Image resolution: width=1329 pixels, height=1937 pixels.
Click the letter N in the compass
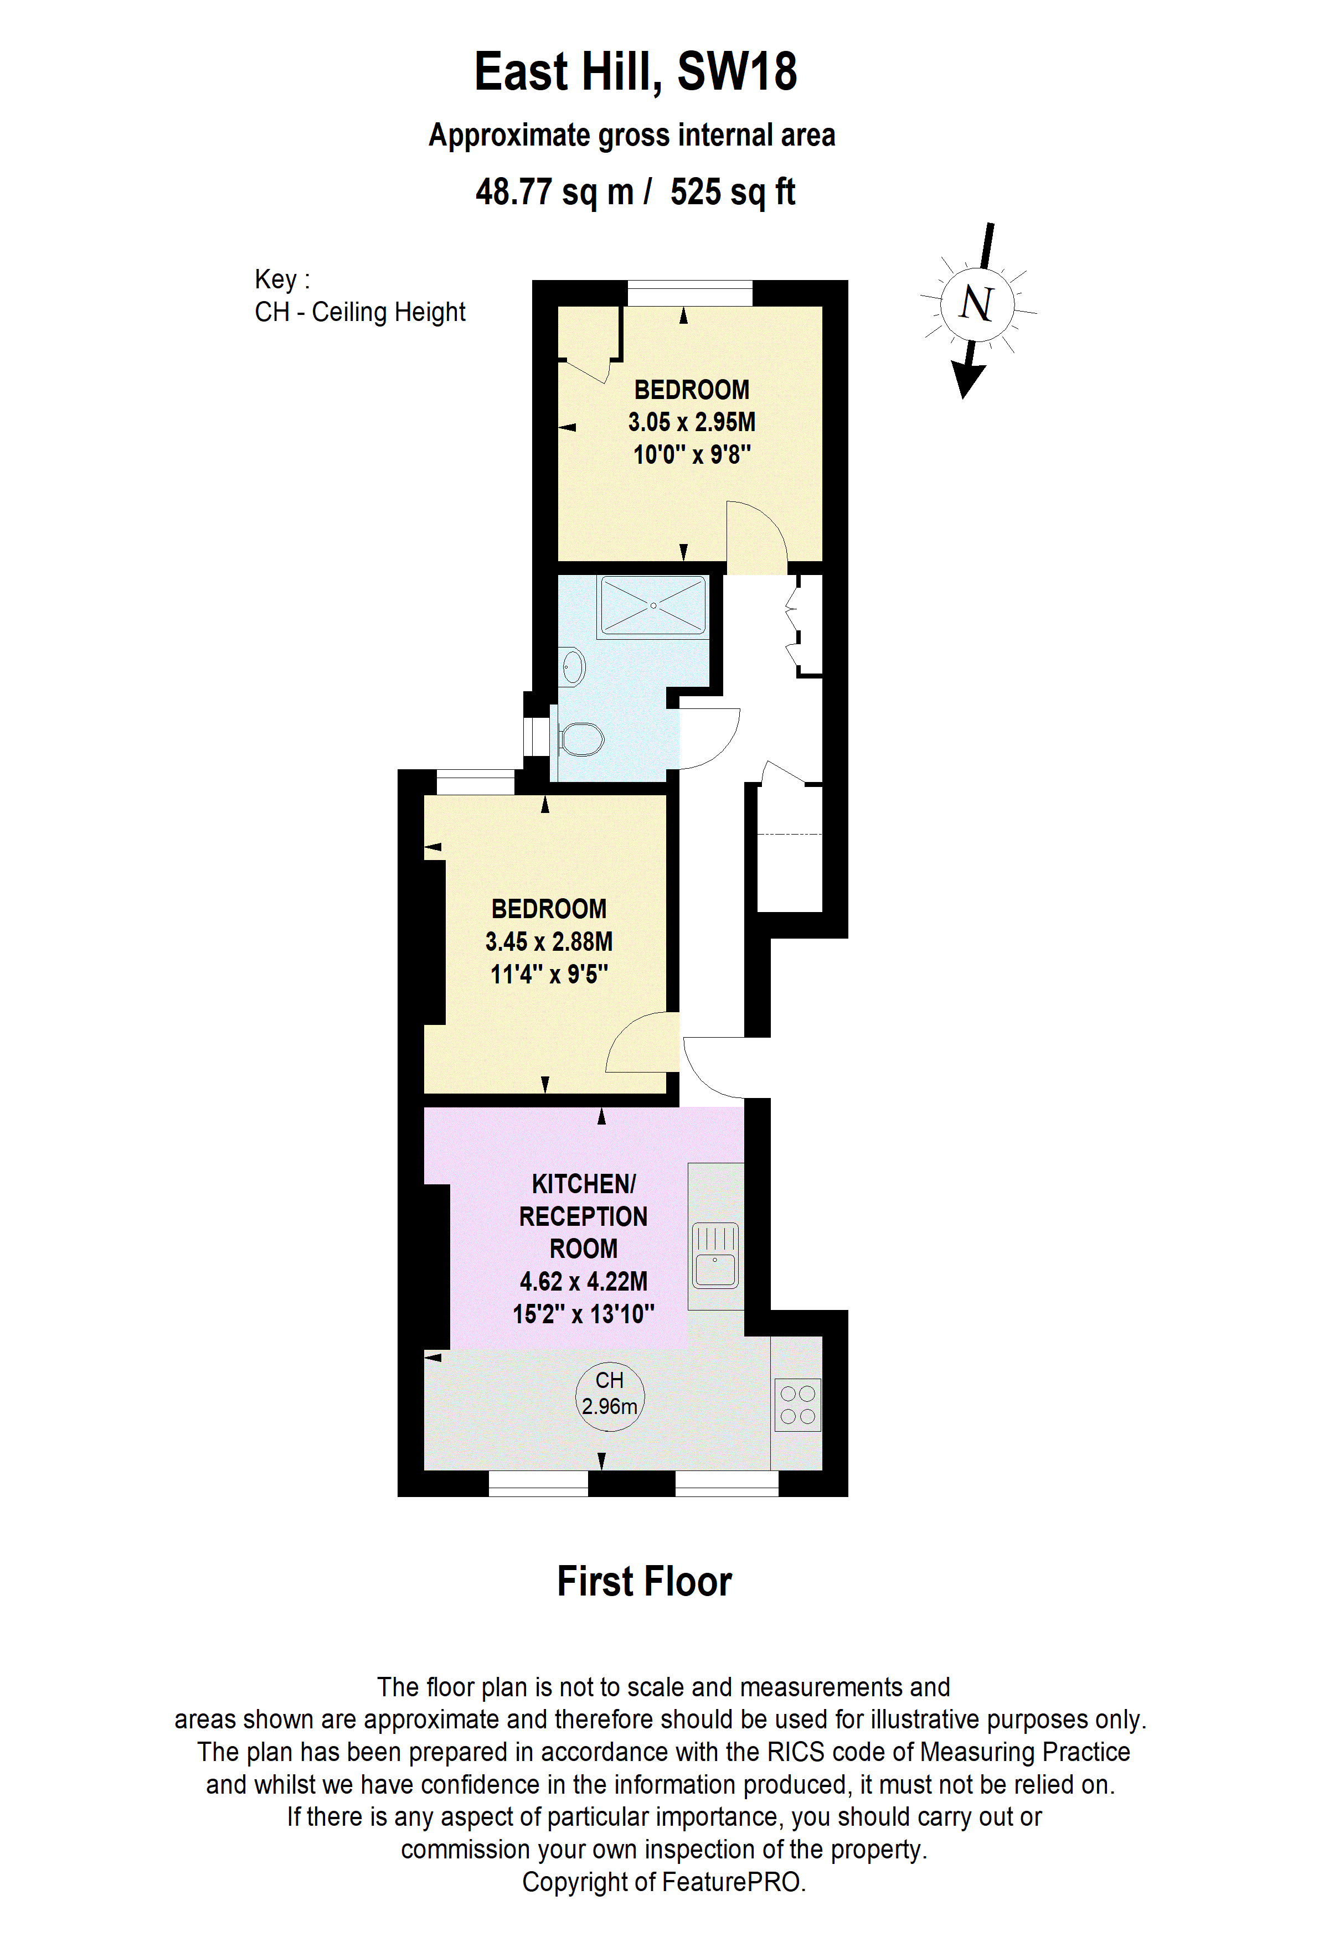[976, 303]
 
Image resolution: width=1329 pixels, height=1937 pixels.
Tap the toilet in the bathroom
[581, 738]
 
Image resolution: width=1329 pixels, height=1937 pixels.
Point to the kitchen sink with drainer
[714, 1255]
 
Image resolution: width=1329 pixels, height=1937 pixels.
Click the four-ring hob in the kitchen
[797, 1405]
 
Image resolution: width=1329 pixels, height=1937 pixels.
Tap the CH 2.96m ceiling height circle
[610, 1397]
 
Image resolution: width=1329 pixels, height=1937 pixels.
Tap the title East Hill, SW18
[635, 72]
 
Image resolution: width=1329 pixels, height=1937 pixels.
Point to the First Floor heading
[643, 1582]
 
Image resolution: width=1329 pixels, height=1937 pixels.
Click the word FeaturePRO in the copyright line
[731, 1882]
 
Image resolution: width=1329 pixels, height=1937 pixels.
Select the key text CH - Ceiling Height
[359, 312]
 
